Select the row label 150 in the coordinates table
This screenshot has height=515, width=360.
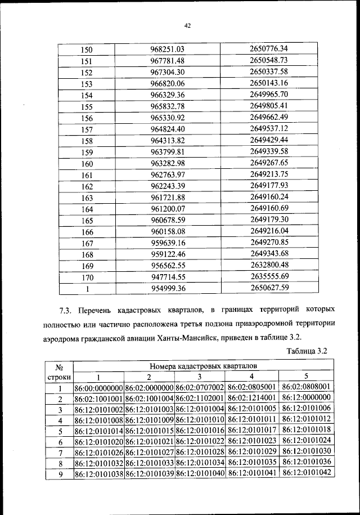point(87,50)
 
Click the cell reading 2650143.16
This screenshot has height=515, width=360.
point(269,83)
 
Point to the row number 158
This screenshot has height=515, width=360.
point(87,141)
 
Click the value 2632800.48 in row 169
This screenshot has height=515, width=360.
point(269,265)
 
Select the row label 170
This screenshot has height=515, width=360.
point(87,277)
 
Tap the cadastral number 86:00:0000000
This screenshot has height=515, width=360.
point(98,388)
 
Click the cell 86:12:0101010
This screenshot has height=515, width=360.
point(200,420)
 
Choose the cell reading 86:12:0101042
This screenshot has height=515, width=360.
point(307,473)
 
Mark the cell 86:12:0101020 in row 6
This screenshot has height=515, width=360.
point(98,441)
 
